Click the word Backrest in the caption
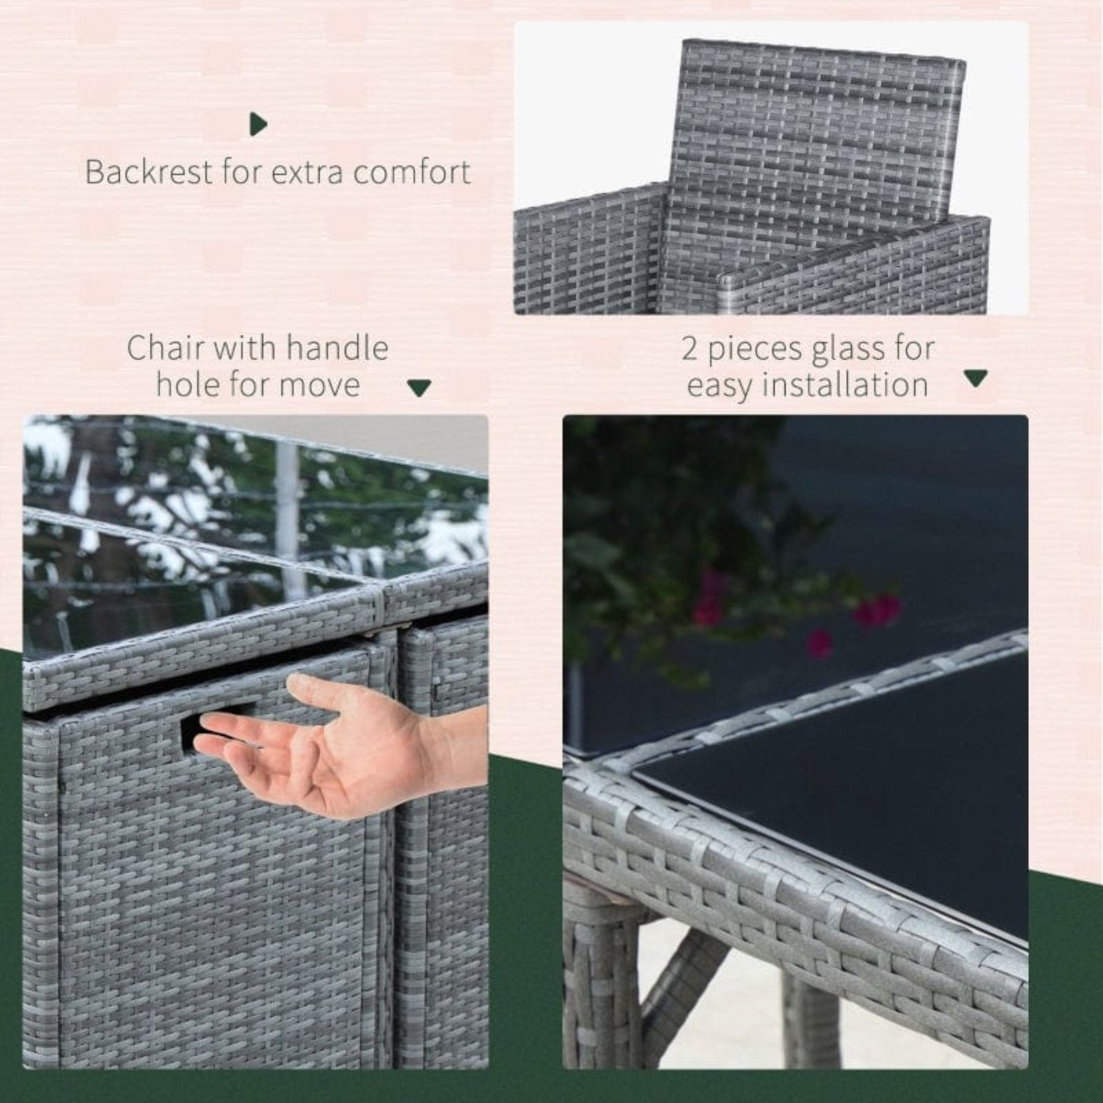148,172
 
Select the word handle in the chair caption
338,348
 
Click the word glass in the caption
850,351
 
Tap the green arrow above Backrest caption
258,124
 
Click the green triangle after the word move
419,388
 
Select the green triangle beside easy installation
975,378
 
